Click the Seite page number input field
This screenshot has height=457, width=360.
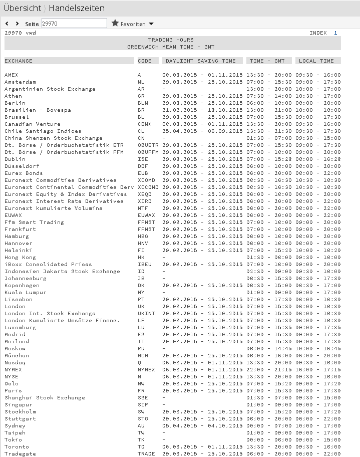(x=74, y=23)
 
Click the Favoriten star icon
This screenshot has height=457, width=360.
(x=115, y=23)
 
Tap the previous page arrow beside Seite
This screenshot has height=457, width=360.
(x=7, y=24)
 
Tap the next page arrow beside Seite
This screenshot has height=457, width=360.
(x=18, y=24)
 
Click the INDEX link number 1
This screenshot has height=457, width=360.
(x=335, y=33)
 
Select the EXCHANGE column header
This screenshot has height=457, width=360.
(x=19, y=61)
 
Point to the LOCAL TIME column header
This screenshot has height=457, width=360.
(x=316, y=61)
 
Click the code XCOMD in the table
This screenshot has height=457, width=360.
(x=146, y=180)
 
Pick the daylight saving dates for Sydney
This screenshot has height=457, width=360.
(x=202, y=426)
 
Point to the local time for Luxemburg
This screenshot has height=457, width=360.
(x=318, y=328)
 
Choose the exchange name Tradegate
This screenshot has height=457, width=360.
(x=20, y=454)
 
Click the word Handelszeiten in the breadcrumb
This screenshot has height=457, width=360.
(x=77, y=8)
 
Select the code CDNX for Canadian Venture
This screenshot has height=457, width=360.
(x=145, y=124)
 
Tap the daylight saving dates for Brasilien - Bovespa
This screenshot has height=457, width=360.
(x=202, y=110)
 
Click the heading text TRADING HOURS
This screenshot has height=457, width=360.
(x=171, y=40)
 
